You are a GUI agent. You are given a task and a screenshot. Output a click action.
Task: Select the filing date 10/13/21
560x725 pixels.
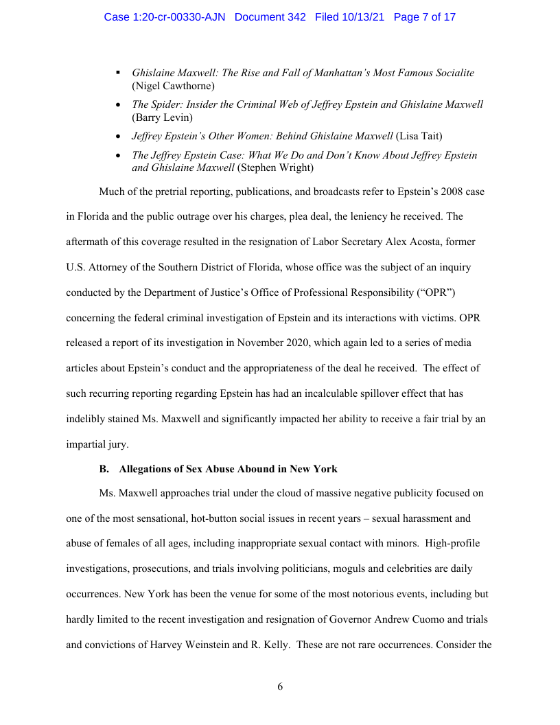[365, 16]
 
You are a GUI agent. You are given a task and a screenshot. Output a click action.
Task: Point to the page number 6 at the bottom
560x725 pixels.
[280, 687]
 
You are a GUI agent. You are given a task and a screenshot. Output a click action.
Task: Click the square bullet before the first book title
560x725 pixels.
[118, 72]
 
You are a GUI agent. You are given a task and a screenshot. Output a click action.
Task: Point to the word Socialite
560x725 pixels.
[449, 73]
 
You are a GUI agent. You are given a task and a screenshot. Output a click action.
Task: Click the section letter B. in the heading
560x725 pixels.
[104, 469]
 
